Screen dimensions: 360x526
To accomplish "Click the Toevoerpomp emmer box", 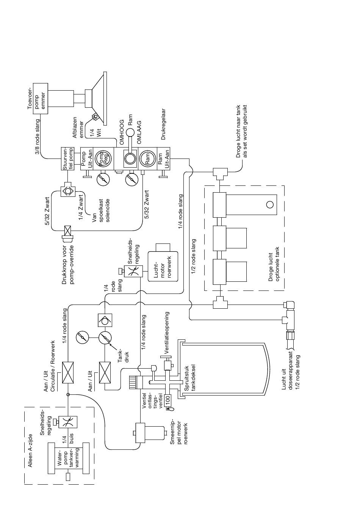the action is (x=41, y=99).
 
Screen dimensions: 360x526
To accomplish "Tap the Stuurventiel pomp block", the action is (x=67, y=159).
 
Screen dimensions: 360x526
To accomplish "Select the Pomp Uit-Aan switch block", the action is (x=87, y=159).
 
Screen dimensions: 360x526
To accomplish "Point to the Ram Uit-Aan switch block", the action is (x=163, y=159).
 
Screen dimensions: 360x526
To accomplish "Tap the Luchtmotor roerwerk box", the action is (x=163, y=266).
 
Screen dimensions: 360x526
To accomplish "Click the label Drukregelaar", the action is (x=164, y=124).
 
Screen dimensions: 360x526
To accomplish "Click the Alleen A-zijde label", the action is (x=30, y=450).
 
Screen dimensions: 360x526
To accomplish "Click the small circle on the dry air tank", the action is (x=270, y=205).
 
